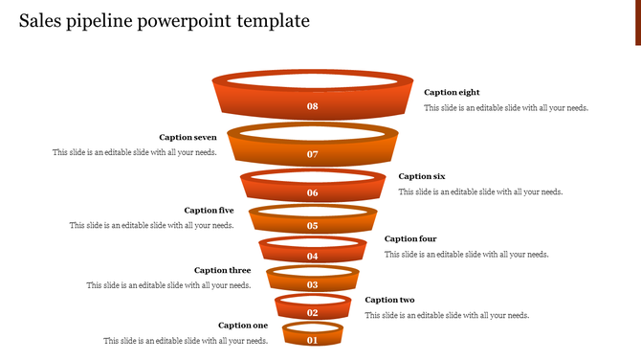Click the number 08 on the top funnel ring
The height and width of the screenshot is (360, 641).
312,106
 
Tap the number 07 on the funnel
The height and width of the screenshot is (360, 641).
312,154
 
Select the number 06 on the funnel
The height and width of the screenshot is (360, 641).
312,193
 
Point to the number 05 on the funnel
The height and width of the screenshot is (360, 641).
312,226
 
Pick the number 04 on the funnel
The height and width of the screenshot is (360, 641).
312,257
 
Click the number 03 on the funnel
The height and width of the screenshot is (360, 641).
312,285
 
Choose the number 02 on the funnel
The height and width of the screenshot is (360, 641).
312,313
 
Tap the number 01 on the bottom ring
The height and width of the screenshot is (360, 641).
312,340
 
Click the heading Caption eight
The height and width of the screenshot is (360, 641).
452,93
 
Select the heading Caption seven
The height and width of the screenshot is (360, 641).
188,138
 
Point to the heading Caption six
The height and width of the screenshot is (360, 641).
422,176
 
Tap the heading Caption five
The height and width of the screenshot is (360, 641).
209,211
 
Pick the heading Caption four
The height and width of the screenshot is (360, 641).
410,239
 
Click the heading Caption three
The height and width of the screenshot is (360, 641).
223,271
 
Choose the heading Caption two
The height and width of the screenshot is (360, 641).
389,301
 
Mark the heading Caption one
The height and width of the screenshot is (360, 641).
243,326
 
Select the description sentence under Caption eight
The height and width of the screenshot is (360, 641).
506,108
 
